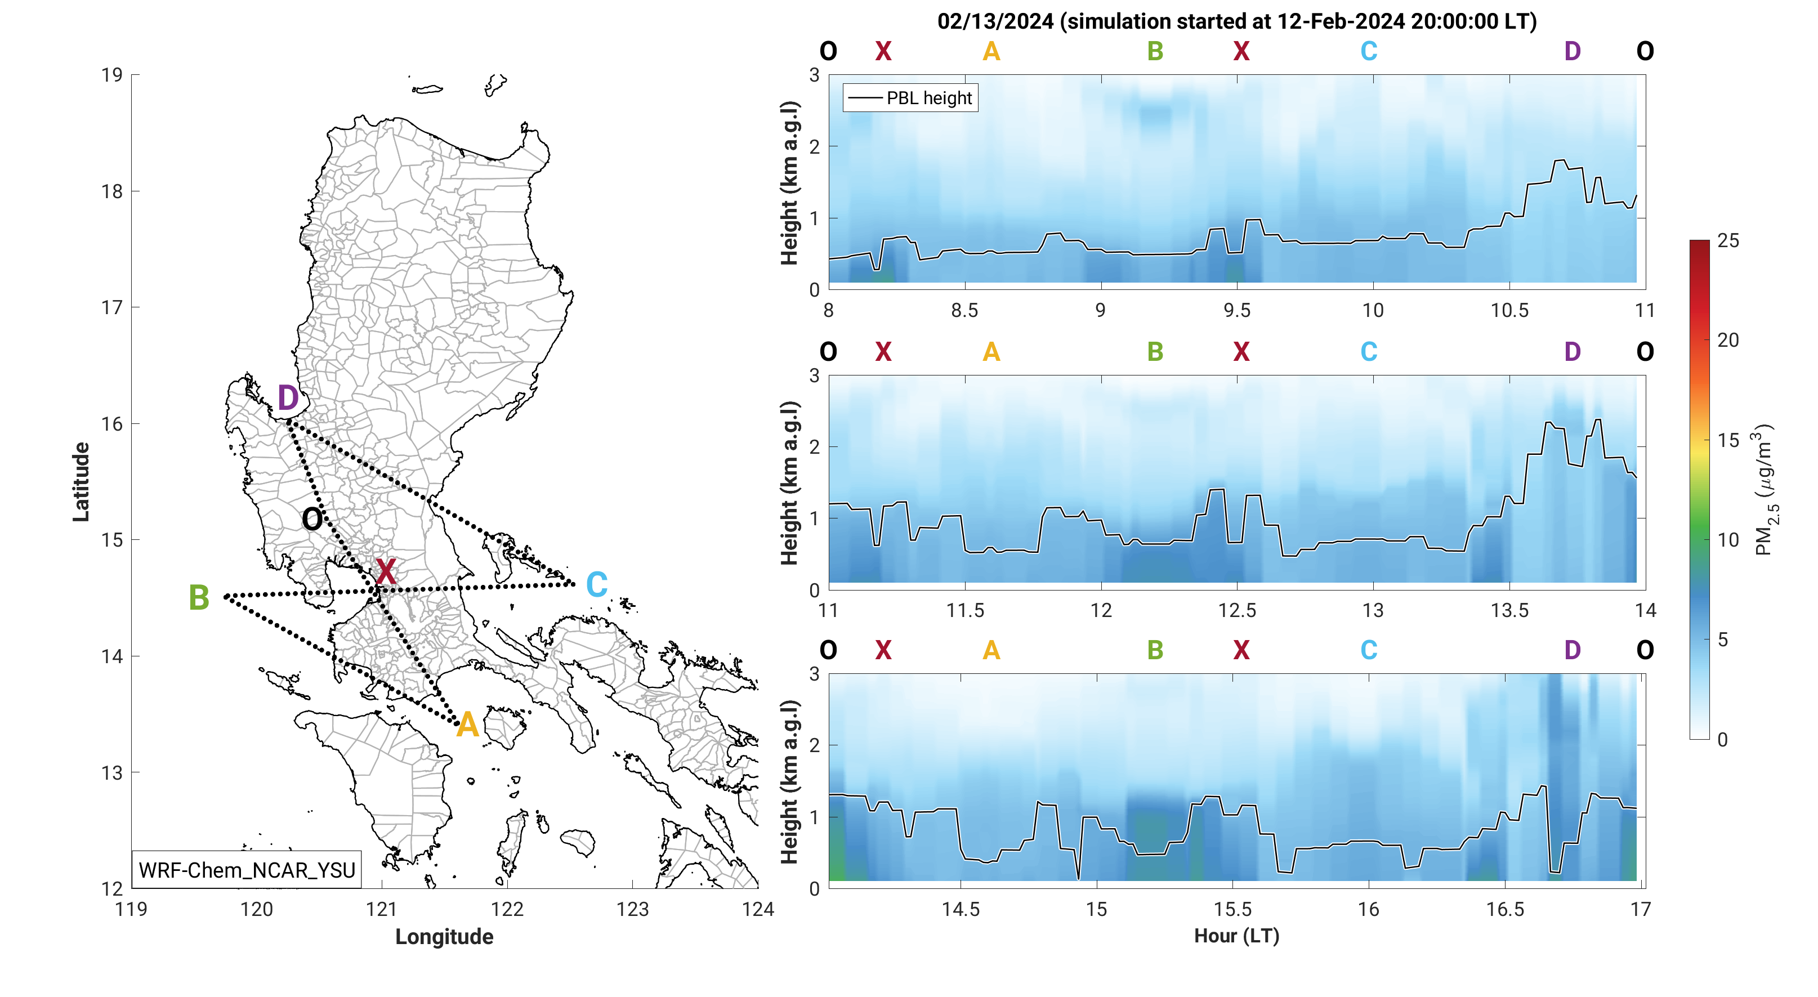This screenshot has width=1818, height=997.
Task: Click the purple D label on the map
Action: [287, 398]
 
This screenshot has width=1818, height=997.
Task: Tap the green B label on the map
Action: [199, 598]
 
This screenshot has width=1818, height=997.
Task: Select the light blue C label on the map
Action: [596, 584]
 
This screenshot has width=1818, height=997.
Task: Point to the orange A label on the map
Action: [467, 725]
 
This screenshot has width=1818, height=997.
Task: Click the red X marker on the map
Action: [385, 571]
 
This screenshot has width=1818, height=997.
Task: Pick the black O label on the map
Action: [312, 520]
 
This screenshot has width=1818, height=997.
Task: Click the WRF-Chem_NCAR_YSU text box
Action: [247, 870]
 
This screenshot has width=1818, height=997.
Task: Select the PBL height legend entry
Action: [910, 98]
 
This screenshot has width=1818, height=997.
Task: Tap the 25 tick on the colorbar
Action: [1728, 240]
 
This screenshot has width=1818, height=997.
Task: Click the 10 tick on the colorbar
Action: [1728, 540]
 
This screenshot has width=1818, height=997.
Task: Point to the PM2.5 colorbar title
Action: [1765, 490]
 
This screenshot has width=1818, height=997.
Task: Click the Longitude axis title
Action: [444, 936]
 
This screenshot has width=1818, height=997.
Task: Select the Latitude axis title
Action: [81, 482]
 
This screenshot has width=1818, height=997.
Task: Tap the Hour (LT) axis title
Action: [1236, 936]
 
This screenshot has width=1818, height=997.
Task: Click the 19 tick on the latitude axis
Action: [111, 75]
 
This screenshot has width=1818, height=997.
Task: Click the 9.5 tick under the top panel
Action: [1236, 310]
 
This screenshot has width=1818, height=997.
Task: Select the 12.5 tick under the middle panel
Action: [1236, 610]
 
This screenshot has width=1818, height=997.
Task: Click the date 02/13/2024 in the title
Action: [995, 21]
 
